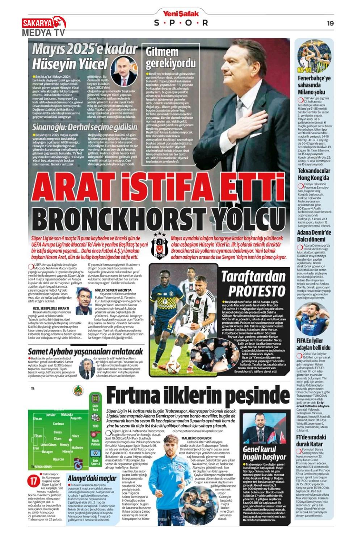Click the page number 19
[330, 23]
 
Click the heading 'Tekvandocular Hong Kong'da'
[313, 174]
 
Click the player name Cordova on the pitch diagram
[58, 424]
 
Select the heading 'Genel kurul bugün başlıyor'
[265, 452]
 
